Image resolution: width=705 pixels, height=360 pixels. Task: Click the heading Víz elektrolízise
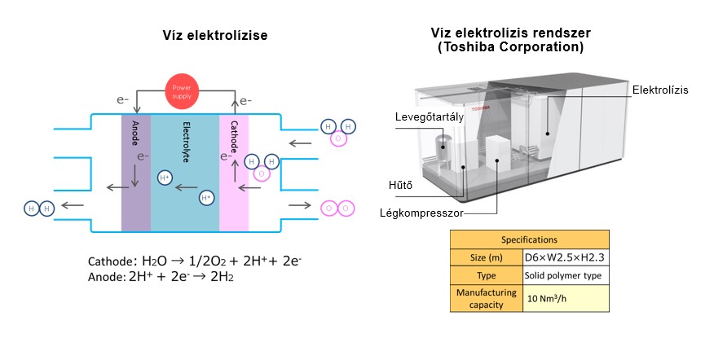pos(214,36)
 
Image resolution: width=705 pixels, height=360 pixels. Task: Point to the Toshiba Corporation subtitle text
pos(509,47)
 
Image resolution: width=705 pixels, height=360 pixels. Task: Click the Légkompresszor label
pos(421,213)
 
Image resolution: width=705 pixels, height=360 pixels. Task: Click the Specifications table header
pos(529,239)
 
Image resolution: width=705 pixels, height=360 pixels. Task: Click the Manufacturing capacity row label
pos(486,298)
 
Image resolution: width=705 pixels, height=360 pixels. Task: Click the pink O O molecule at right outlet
pos(338,208)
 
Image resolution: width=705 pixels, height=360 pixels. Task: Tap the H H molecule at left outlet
pos(38,209)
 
